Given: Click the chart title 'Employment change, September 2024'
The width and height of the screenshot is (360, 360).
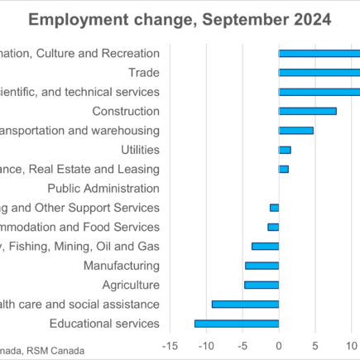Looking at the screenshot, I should (x=180, y=19).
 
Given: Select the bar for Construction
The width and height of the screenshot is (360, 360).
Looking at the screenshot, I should (x=307, y=111).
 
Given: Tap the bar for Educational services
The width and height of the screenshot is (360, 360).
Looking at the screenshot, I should (x=237, y=324).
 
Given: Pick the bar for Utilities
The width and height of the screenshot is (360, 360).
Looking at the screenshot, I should (x=285, y=150).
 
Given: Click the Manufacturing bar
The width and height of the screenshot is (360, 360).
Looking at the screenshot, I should (x=262, y=266).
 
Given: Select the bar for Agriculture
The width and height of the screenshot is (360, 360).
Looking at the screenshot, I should (x=262, y=285).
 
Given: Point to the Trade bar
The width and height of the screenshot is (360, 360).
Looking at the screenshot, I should (x=319, y=72).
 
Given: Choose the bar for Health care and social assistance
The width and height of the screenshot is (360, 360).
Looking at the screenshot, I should (x=245, y=304).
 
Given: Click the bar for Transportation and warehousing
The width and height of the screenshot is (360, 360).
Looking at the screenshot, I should (x=295, y=130).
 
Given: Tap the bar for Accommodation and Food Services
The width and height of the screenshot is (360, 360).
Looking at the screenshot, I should (x=273, y=227).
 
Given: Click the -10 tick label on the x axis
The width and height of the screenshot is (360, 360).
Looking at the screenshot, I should (x=205, y=345).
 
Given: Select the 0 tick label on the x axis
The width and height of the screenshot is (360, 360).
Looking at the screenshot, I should (x=279, y=345).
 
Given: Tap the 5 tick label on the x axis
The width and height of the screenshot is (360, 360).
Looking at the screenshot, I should (x=315, y=345).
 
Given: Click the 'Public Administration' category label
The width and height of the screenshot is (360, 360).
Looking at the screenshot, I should (x=103, y=188).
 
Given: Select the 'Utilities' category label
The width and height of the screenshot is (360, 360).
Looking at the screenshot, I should (x=140, y=150).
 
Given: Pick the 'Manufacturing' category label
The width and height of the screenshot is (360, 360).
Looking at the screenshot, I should (x=122, y=266).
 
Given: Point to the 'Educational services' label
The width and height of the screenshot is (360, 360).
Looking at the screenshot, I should (x=104, y=324).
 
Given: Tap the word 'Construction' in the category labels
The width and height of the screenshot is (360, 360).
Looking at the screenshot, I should (x=126, y=111).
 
